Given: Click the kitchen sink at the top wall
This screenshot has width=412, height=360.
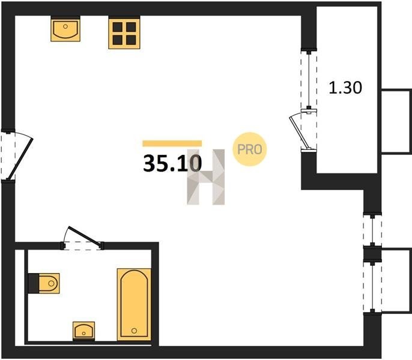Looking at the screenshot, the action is click(65, 29).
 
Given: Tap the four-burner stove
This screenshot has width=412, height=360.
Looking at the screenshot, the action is click(124, 32).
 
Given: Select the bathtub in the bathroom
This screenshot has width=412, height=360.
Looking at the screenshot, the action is click(134, 305).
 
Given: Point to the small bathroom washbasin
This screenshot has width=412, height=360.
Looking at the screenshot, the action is click(84, 331).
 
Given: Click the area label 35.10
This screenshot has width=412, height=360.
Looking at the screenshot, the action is click(172, 163).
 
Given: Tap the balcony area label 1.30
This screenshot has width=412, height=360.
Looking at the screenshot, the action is click(345, 88).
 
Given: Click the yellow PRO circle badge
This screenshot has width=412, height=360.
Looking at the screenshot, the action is click(250, 149).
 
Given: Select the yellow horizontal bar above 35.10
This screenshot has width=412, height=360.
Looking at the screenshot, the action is click(172, 143).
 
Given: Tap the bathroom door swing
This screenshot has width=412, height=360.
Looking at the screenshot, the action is click(84, 236).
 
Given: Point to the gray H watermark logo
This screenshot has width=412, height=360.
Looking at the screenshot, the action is click(206, 177).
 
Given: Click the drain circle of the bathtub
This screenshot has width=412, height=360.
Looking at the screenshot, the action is click(135, 331).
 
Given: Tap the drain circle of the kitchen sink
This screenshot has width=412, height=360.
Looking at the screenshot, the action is click(65, 26).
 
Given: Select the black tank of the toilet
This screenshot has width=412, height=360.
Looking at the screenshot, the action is click(34, 283).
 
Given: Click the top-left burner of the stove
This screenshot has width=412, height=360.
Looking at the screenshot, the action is click(118, 27).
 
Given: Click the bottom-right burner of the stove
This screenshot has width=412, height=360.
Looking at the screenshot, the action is click(131, 40).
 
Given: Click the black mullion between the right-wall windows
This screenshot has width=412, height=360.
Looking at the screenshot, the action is click(372, 254).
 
